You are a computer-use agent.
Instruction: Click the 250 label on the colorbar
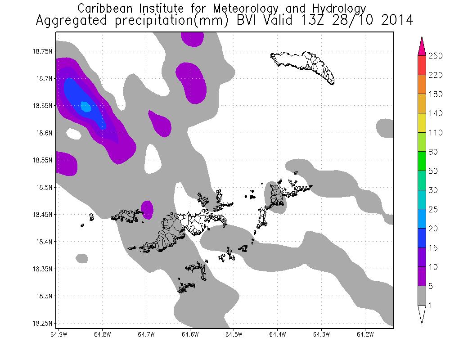coord(436,55)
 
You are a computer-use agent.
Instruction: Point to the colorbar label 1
coord(431,306)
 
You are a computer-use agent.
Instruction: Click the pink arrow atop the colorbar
coord(422,45)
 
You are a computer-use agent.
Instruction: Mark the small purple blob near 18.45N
coord(147,208)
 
